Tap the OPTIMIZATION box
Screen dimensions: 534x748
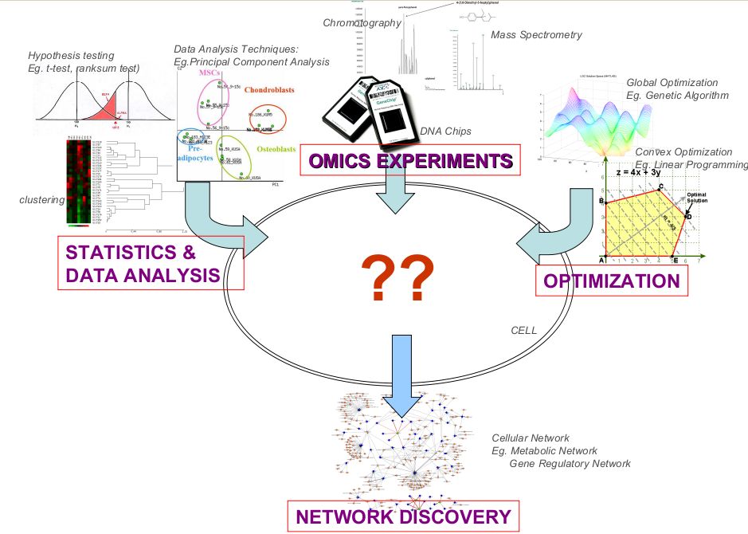(611, 281)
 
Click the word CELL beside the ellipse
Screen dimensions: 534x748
(523, 329)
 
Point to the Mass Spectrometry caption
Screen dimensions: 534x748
(536, 35)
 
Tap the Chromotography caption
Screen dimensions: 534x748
(362, 23)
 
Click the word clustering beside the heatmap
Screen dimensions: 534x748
(41, 199)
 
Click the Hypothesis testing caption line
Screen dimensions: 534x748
(71, 56)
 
